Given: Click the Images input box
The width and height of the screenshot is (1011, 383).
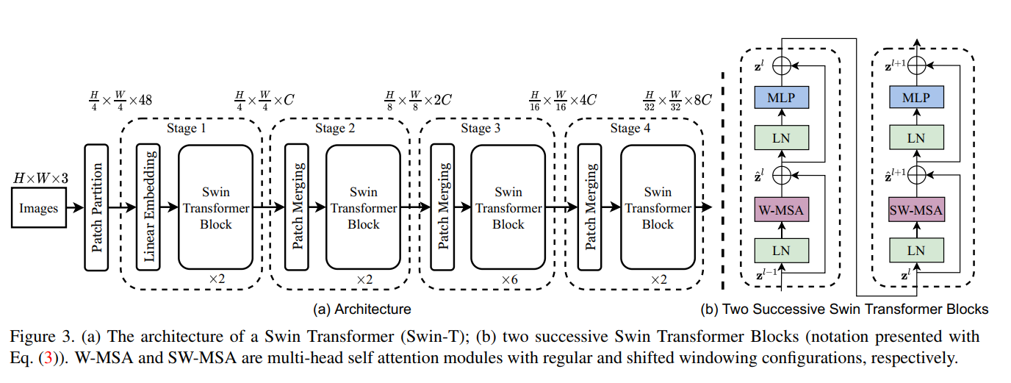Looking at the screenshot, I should (x=38, y=208).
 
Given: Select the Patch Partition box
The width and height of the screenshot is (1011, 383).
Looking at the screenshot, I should (x=97, y=208).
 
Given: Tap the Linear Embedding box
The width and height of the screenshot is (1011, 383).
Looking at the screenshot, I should (x=149, y=208).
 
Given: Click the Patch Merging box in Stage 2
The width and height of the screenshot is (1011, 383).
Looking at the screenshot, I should (x=298, y=208).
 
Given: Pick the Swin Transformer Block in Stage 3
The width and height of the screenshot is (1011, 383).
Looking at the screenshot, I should (x=508, y=208).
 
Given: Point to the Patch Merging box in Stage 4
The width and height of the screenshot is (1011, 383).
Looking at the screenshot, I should (x=589, y=208).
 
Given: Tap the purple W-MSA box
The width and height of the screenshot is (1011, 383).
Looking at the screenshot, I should (x=781, y=211).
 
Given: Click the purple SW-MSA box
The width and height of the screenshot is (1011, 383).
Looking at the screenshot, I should (x=915, y=211).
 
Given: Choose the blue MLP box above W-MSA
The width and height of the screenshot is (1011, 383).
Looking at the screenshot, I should (x=781, y=97).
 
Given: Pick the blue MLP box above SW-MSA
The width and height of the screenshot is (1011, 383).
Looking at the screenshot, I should (x=915, y=97).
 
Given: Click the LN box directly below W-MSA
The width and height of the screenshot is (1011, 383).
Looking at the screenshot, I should (x=781, y=250).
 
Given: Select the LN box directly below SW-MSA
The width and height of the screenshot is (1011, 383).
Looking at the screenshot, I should (x=915, y=250).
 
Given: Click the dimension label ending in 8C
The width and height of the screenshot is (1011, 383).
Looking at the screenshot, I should (x=677, y=99).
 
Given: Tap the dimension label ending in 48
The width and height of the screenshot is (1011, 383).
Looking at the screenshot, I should (x=119, y=99).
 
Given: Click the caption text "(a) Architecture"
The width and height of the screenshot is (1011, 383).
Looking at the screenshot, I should (x=361, y=309).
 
